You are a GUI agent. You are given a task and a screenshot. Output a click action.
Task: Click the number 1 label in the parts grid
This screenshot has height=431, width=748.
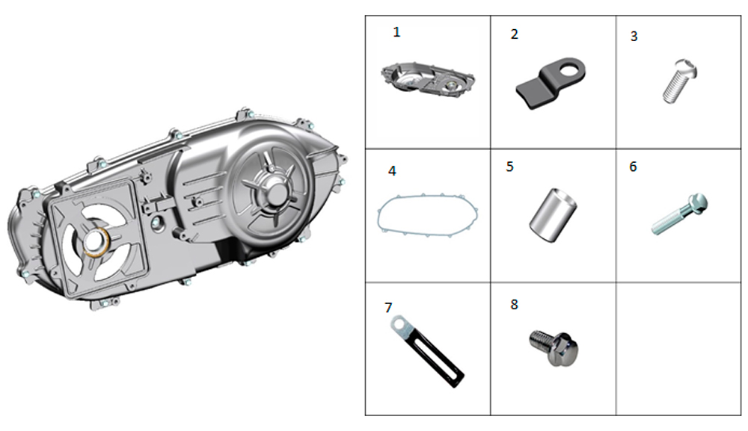point(396,32)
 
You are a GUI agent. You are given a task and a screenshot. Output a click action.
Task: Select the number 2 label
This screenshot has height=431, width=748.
point(514,34)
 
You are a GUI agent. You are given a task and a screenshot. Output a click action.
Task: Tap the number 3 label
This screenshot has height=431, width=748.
point(634,36)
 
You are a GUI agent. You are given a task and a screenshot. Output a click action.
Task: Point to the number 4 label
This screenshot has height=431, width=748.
point(391,172)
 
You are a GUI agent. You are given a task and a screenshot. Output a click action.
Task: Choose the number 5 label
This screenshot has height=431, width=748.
point(509,167)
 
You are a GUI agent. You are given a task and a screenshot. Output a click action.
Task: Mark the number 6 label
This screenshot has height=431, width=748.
point(633,167)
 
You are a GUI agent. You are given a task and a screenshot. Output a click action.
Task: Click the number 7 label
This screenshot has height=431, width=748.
point(387,307)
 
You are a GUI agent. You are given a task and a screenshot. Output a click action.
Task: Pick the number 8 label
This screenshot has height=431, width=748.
point(514,305)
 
